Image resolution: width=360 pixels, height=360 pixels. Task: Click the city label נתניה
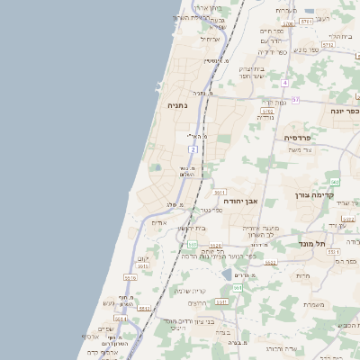177,105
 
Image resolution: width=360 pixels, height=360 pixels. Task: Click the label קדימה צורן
314,194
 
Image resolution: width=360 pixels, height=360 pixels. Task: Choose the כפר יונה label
344,111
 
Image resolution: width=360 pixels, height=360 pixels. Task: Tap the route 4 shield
283,83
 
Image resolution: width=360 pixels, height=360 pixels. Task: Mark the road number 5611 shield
219,193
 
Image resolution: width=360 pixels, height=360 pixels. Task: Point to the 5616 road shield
130,278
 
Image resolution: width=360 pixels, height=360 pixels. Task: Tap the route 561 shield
237,288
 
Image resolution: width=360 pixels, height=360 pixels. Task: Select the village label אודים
159,222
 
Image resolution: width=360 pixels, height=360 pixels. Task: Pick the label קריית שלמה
189,291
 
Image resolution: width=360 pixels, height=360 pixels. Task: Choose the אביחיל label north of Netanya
210,39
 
